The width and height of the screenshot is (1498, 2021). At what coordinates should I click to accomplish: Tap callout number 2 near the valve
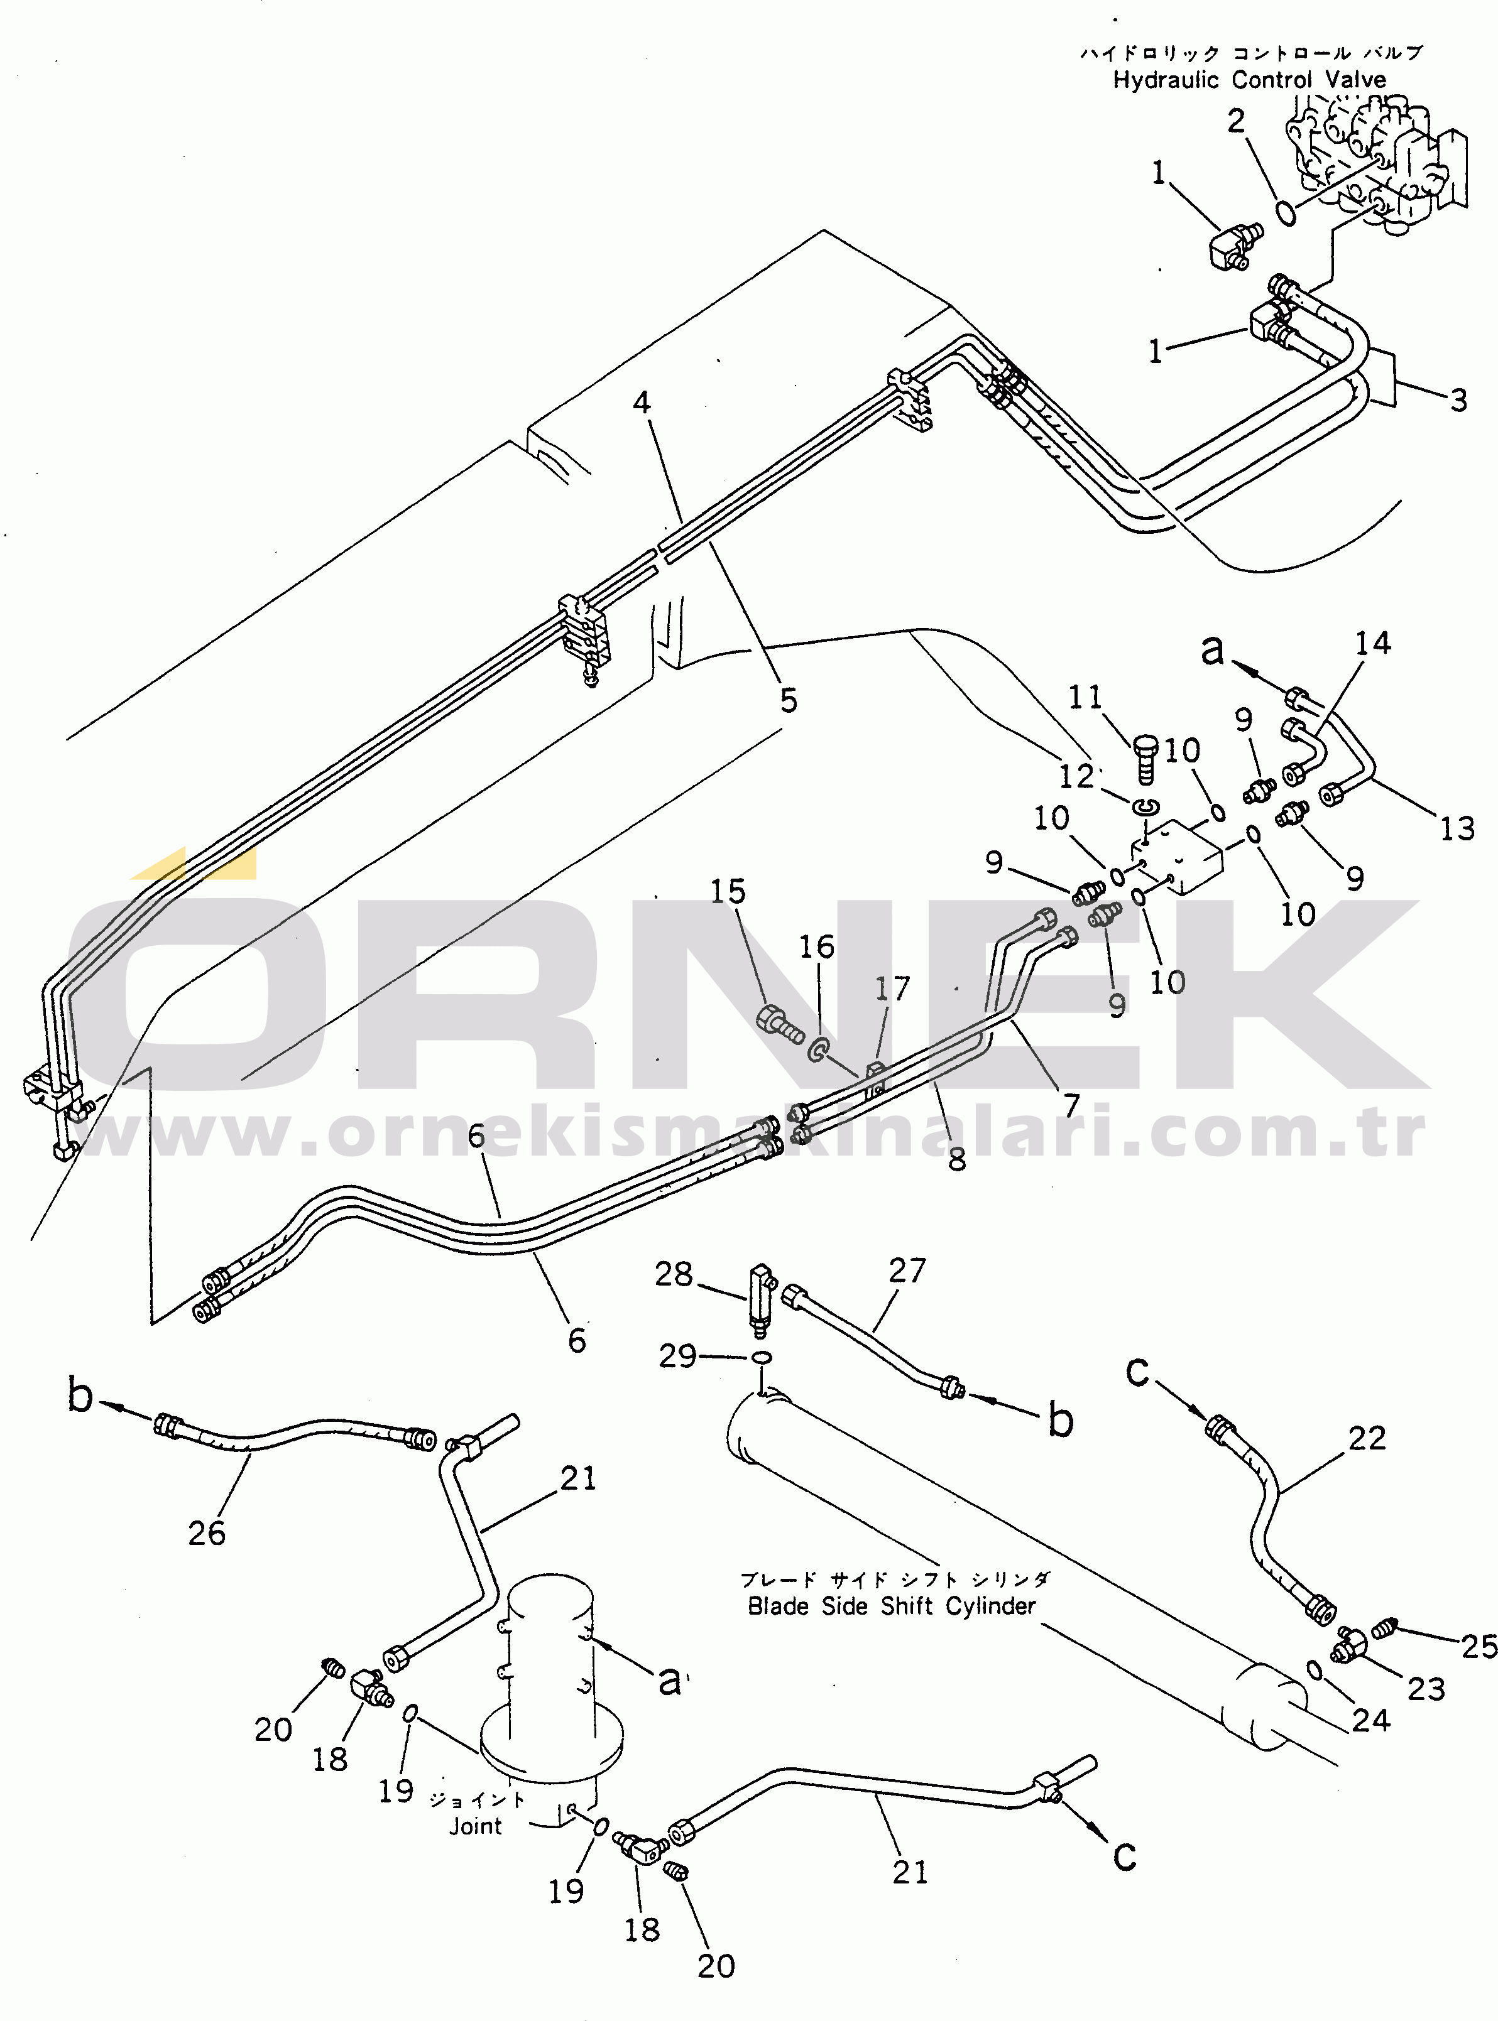1236,121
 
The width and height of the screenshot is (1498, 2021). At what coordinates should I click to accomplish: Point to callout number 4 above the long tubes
642,403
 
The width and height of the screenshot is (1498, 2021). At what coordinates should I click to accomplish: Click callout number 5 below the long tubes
789,700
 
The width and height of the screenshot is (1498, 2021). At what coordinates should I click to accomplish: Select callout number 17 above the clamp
892,989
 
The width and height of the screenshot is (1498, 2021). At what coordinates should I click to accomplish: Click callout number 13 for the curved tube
1457,828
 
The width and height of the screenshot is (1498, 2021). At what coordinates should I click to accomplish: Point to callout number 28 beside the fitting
674,1274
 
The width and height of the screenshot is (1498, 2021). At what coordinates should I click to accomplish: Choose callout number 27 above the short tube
907,1271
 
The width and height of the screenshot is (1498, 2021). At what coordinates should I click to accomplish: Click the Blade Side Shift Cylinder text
892,1606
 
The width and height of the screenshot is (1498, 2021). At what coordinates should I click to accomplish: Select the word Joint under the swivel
475,1825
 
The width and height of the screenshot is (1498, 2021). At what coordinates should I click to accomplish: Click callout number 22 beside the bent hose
1367,1438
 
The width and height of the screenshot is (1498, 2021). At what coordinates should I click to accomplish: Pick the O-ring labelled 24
1314,1669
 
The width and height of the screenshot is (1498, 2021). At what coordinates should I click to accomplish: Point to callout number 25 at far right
1478,1646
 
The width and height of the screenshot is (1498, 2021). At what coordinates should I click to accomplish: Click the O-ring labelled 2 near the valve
1286,213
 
